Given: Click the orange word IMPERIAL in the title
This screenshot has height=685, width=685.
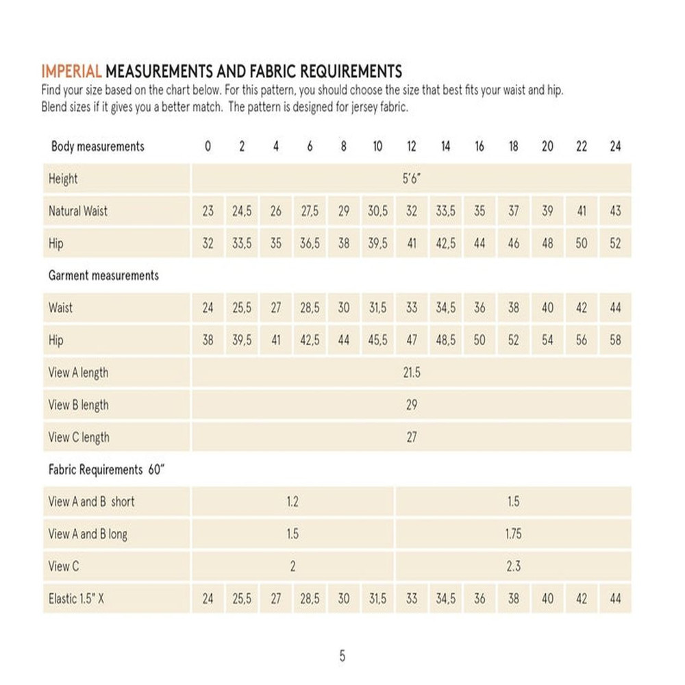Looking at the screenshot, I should pos(72,71).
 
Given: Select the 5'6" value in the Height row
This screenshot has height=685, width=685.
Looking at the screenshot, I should pos(411,179).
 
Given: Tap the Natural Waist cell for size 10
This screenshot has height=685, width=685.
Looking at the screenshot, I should pos(377,212).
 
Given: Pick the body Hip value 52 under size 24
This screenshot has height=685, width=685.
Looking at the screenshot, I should pos(615,244).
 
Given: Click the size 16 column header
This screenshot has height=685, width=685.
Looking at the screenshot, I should pos(480,147).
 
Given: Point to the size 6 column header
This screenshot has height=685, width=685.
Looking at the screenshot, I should pos(310,147).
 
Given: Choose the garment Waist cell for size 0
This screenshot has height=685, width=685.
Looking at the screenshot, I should pos(208,308).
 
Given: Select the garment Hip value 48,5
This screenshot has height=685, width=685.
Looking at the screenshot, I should pos(446,340).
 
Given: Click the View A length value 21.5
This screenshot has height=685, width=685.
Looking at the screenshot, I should pos(411,373).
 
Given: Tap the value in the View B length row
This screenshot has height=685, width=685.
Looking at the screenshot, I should pos(411,405).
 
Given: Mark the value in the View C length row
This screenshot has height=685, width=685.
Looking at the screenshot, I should pos(411,437).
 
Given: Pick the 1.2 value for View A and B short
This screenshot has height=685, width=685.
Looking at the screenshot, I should pos(292,501).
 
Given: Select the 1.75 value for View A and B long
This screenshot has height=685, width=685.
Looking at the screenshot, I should pos(513,534).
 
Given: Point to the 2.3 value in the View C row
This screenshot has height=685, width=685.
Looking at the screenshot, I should pos(513,566).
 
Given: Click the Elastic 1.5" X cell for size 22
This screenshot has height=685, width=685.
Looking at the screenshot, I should pos(581,599).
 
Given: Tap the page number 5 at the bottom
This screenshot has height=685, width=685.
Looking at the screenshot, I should pos(342,656).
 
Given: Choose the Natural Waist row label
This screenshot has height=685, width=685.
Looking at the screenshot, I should pos(78,212).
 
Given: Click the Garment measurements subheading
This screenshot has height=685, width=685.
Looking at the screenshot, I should pos(103,275).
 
